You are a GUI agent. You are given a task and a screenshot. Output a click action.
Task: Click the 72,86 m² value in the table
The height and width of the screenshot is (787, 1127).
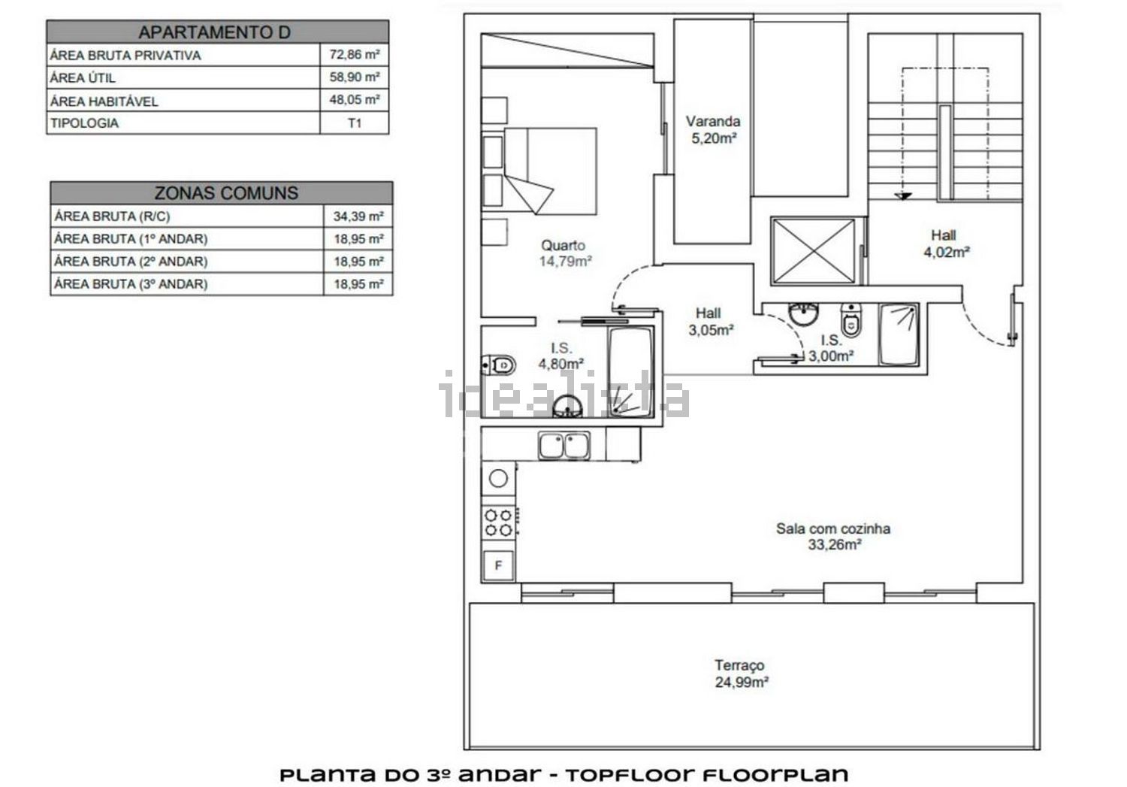(x=354, y=54)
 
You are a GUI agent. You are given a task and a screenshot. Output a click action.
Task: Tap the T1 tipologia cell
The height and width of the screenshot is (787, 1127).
(x=354, y=123)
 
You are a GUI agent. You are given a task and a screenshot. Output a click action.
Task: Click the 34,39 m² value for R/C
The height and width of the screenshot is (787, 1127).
(x=358, y=216)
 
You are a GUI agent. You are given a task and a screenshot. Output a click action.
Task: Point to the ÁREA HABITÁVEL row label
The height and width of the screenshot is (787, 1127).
(x=104, y=101)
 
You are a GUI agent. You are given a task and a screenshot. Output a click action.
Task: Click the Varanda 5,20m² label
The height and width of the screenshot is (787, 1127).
(x=714, y=129)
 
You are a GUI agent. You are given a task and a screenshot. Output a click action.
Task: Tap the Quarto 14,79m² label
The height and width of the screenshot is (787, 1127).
(x=564, y=253)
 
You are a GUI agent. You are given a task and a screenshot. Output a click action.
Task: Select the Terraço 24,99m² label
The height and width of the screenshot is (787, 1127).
(x=741, y=673)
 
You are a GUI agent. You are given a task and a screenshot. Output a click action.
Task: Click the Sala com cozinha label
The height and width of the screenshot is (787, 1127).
(x=833, y=528)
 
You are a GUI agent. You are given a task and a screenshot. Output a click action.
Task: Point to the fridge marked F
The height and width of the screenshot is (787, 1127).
(x=498, y=565)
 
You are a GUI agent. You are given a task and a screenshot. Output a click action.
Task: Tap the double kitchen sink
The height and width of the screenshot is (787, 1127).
(x=564, y=445)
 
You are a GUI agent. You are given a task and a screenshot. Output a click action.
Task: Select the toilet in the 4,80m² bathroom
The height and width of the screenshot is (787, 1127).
(x=499, y=365)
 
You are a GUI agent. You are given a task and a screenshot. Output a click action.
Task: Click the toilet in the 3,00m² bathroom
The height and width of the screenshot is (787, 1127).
(x=851, y=319)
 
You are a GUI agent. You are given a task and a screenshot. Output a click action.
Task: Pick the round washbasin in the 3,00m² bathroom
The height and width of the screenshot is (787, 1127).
(x=803, y=314)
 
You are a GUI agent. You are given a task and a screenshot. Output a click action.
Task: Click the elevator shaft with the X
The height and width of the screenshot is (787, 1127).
(x=814, y=251)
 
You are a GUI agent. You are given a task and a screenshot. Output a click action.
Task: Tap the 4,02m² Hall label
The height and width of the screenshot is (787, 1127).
(x=946, y=244)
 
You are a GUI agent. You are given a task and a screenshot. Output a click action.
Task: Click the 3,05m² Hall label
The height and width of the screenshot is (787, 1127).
(x=710, y=322)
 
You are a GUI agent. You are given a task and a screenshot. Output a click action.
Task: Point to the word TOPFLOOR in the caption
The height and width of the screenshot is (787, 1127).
(x=630, y=775)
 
